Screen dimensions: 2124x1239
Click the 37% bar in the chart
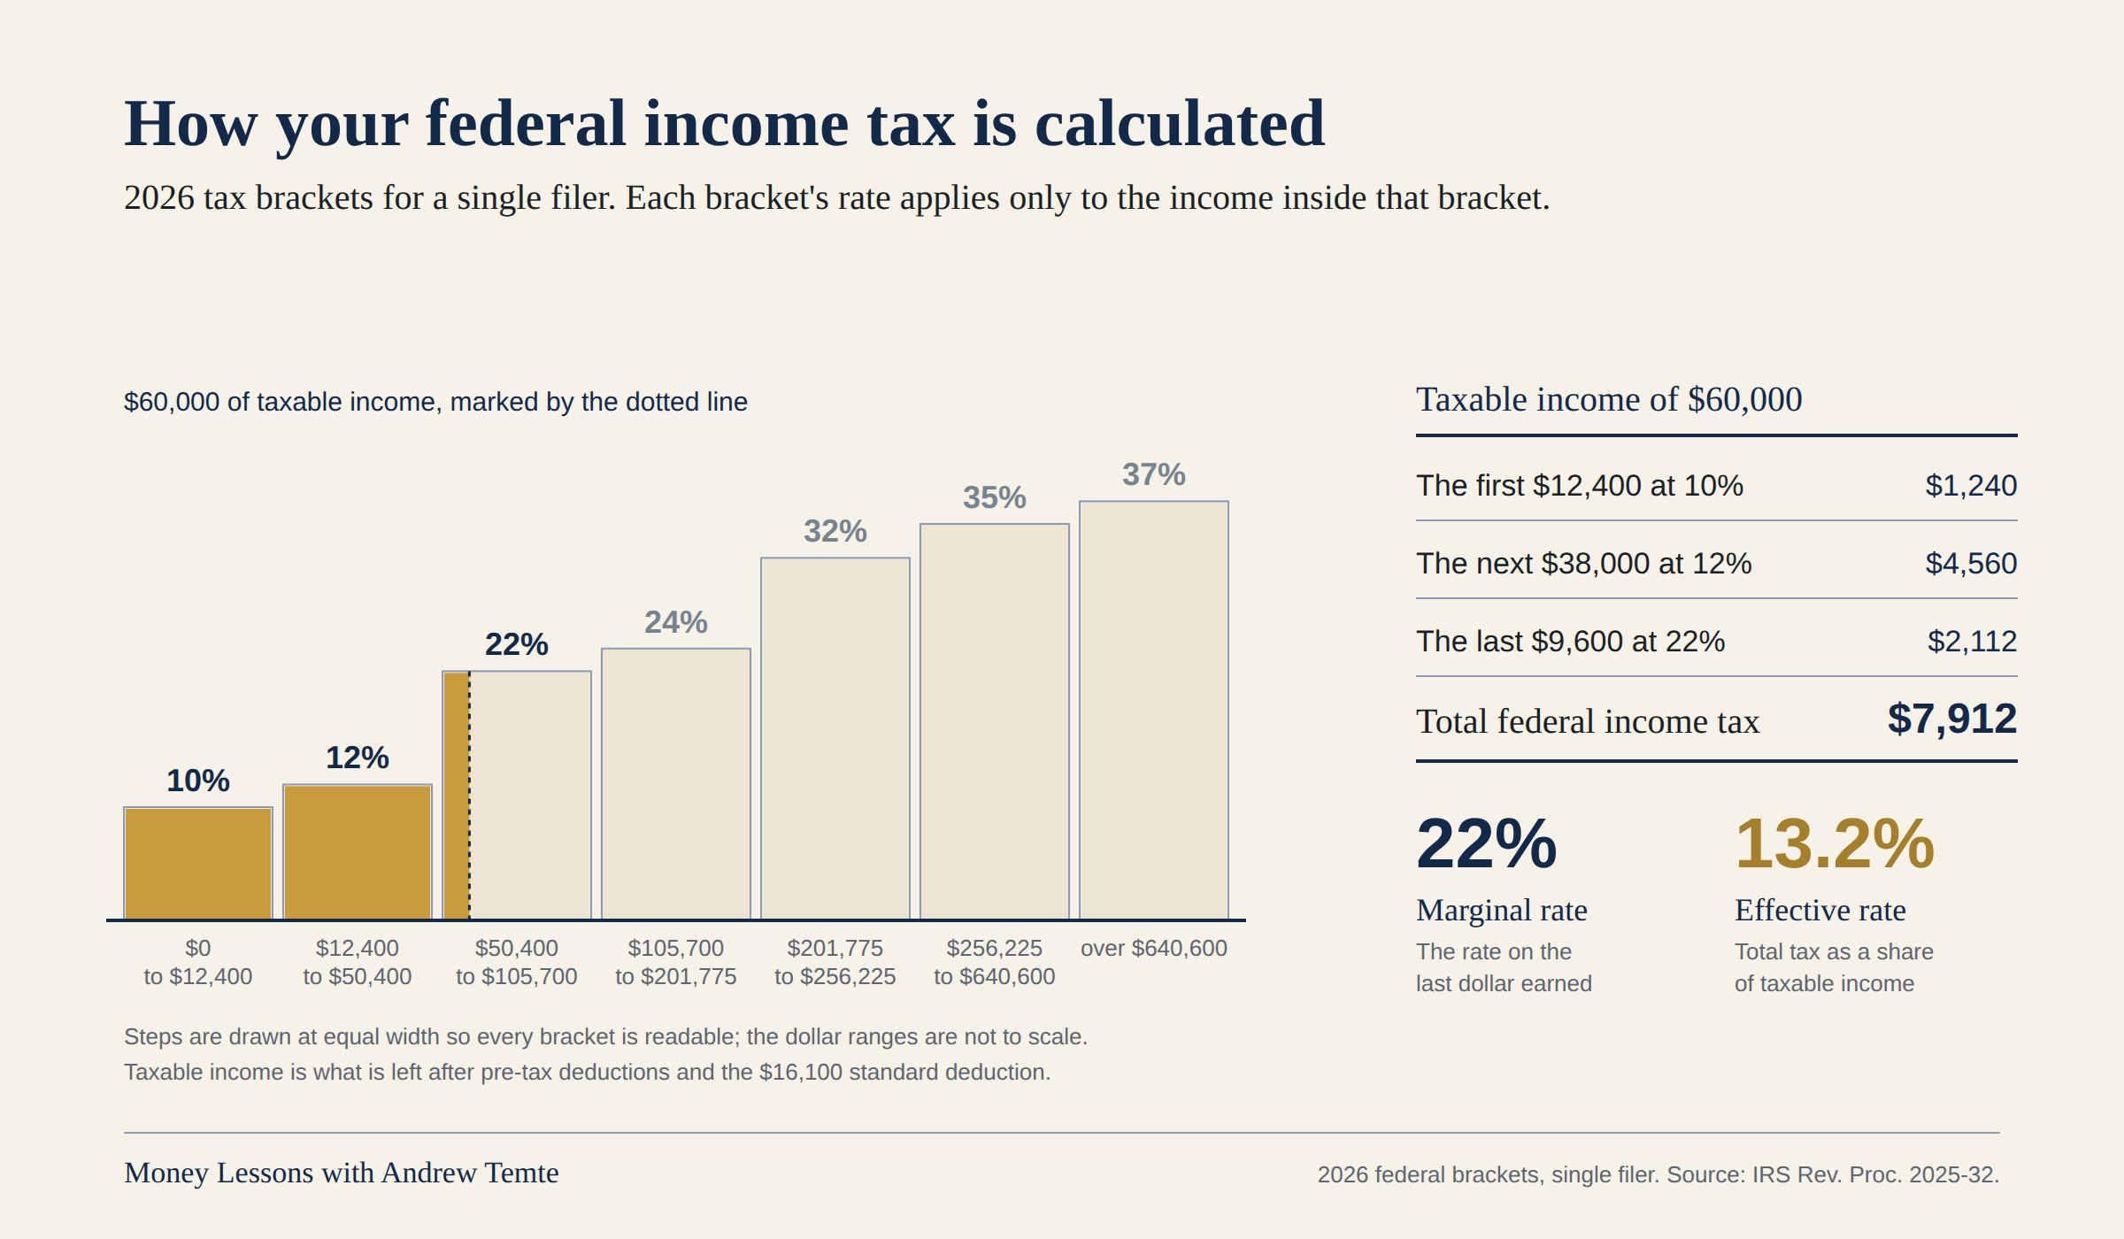coord(1154,710)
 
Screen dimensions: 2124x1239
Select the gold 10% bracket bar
coord(198,863)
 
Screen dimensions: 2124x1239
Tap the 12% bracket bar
coord(358,851)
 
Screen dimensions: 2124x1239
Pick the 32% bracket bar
coord(835,738)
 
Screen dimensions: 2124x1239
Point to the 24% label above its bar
coord(676,622)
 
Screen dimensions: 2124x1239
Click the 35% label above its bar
coord(995,497)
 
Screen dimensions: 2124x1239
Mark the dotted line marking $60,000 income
coord(469,795)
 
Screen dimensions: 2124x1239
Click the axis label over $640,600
coord(1154,948)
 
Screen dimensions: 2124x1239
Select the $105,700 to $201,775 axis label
coord(676,962)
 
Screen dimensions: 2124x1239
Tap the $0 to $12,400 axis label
coord(198,962)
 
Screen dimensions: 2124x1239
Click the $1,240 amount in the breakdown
coord(1971,485)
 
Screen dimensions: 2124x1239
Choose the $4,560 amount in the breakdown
coord(1971,563)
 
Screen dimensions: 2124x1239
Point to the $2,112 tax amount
coord(1972,641)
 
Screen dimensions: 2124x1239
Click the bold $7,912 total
coord(1952,719)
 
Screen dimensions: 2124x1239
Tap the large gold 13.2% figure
coord(1835,843)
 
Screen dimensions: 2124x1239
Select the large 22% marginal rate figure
coord(1487,843)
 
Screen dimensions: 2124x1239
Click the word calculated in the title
coord(1180,123)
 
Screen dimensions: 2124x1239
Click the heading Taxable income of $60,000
coord(1609,399)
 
